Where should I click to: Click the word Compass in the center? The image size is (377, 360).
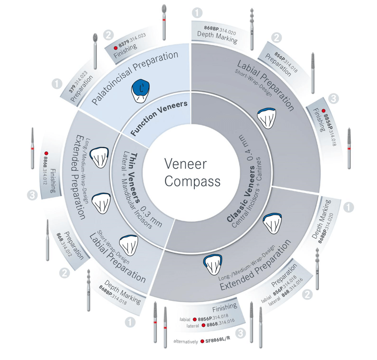193,182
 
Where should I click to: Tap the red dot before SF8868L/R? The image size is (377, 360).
202,341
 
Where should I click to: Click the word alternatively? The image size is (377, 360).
185,342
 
